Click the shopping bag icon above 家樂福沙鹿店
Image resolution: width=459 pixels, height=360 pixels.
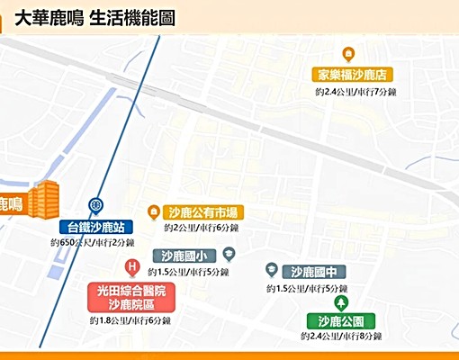349,54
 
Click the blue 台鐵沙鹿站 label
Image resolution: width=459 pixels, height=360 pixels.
96,226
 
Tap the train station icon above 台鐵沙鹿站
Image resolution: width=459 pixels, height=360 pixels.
96,206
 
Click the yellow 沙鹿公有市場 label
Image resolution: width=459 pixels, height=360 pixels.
203,212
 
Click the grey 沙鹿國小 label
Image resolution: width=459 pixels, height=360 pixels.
184,256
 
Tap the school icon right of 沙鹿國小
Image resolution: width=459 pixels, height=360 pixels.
229,255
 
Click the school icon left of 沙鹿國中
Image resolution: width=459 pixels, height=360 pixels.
271,269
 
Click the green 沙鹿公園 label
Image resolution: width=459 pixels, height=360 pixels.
339,320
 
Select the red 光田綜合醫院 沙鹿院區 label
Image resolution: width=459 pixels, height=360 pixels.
131,298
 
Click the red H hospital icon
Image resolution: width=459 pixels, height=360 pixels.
132,267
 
